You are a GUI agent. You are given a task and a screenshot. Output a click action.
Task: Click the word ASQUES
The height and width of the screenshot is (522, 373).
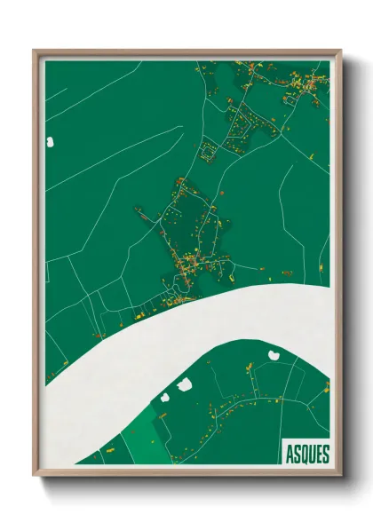306,452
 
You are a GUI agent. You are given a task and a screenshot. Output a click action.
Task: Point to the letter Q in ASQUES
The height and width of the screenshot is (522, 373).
305,452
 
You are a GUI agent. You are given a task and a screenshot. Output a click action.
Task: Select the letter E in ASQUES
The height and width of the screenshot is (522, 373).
318,452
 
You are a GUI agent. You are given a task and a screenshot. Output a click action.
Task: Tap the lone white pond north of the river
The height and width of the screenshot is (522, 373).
51,140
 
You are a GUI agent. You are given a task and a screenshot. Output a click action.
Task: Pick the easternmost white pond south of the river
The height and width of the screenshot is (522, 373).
274,354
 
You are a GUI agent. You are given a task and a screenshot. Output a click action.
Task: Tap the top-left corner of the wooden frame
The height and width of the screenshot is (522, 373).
34,51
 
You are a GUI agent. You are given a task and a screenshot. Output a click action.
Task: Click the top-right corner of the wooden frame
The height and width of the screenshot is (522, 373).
340,51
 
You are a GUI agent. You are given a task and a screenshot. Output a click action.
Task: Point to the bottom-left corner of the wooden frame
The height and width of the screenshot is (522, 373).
34,474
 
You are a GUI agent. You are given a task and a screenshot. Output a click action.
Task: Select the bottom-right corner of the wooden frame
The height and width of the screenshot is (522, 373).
340,474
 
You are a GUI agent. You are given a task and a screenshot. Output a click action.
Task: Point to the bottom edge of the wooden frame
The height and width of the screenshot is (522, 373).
186,472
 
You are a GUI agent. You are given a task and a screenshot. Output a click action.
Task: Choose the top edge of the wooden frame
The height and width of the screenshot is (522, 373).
186,52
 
